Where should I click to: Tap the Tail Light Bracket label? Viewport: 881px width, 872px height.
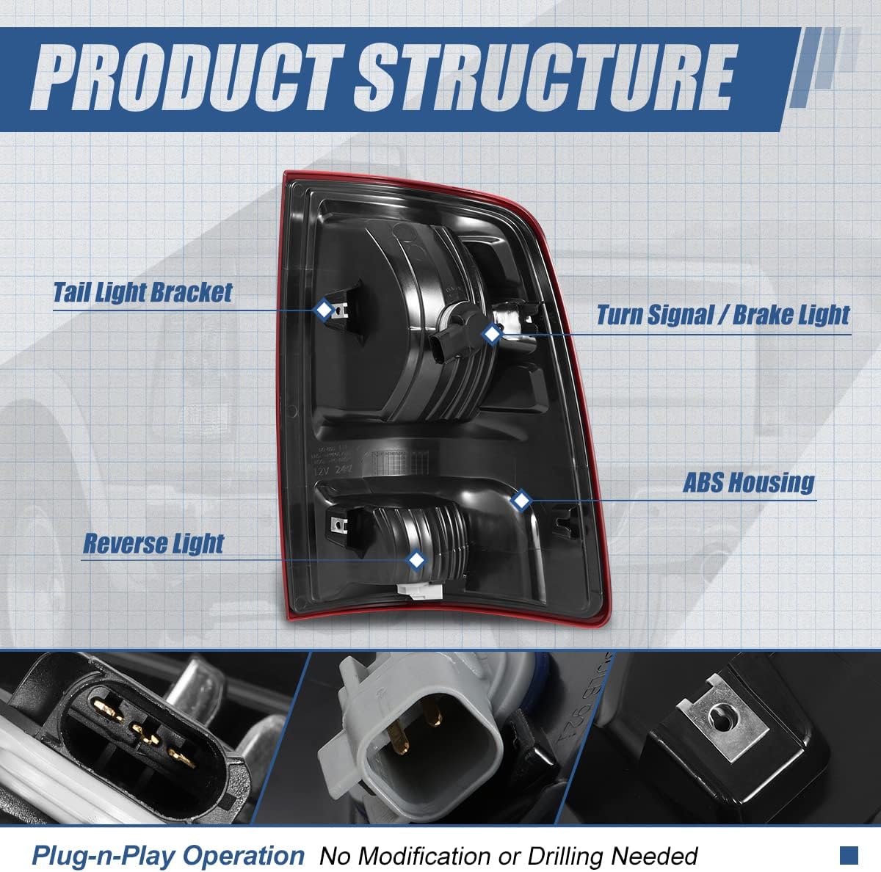point(142,292)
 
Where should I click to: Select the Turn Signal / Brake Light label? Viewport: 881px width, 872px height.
point(722,315)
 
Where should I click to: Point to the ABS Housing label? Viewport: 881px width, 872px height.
point(748,482)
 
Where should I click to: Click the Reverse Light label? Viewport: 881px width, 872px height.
point(153,544)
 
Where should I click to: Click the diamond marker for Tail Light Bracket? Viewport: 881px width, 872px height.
point(324,310)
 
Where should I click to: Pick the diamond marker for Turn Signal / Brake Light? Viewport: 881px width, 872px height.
point(492,334)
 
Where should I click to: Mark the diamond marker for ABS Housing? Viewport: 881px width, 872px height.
point(521,501)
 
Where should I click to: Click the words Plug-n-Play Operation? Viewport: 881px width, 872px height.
point(167,855)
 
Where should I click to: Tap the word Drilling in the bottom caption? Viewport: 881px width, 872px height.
point(563,856)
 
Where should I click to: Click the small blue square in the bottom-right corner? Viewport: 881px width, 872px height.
point(849,854)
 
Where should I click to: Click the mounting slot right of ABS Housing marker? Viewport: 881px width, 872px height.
point(564,520)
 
